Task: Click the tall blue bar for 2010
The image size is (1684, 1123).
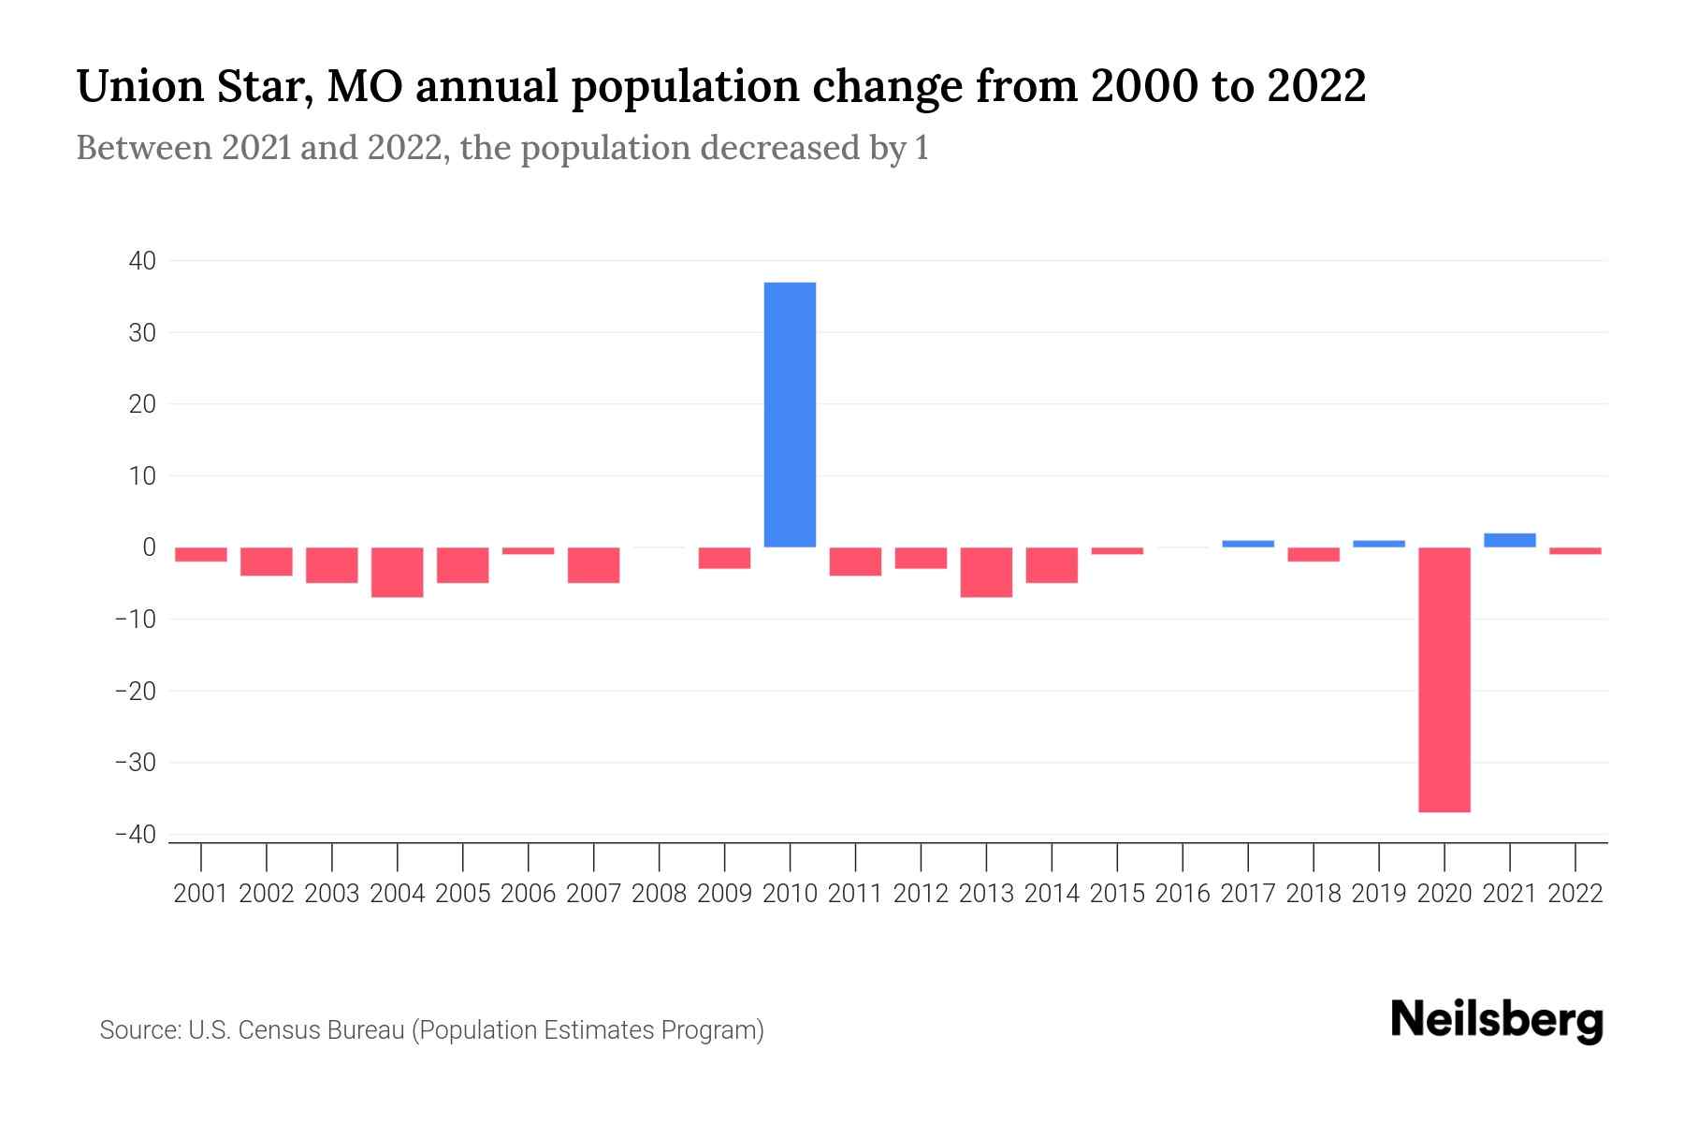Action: [790, 415]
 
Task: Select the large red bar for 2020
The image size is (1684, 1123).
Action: [1444, 679]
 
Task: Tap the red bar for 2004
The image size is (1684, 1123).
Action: [398, 572]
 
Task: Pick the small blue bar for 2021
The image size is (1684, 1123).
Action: [1509, 540]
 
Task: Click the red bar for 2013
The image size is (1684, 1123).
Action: [986, 572]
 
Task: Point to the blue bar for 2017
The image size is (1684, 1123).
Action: [1248, 544]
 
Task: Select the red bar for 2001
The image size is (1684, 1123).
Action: [201, 554]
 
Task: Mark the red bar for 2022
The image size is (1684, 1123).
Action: [1575, 551]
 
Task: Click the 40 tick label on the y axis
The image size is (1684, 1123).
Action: [142, 261]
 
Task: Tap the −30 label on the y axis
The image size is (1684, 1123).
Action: [136, 763]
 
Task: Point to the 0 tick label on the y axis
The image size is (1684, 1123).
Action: [149, 547]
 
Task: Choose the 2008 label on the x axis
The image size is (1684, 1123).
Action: [660, 894]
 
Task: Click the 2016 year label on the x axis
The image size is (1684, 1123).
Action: [1183, 894]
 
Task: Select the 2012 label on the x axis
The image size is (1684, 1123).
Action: [921, 894]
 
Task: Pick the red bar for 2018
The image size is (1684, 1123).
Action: [1314, 554]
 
